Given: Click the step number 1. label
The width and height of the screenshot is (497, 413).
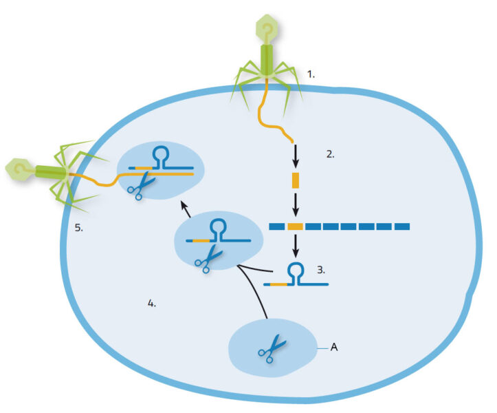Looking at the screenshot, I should (311, 74).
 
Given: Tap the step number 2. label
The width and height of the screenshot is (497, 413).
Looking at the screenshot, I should (330, 154).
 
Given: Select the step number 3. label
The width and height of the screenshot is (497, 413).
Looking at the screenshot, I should (321, 269).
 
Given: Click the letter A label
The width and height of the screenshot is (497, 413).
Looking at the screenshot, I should (334, 348).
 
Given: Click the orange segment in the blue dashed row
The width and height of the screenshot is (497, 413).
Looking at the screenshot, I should (296, 226).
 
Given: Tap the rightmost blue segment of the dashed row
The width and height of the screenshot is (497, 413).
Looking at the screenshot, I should (402, 226).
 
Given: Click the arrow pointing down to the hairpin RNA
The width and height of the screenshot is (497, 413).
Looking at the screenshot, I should (296, 246).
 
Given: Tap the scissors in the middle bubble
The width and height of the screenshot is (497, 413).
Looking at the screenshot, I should (207, 258).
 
